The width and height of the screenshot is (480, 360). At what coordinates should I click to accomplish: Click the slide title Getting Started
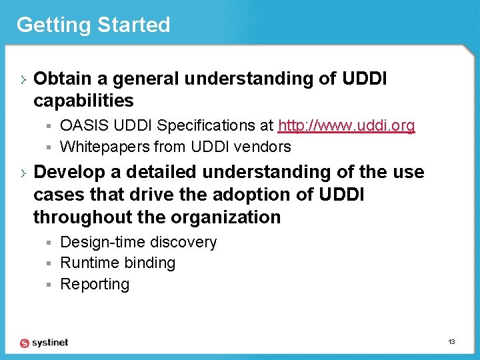(93, 25)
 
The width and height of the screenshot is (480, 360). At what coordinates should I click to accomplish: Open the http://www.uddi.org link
(346, 125)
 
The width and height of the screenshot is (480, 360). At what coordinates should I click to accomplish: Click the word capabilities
(83, 101)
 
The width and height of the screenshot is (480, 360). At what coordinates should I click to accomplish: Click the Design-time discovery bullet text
(138, 242)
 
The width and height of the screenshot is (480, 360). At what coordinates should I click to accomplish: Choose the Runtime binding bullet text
(117, 263)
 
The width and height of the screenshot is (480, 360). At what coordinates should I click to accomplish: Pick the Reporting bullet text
(95, 284)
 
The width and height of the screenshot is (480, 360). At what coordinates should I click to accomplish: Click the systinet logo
(44, 342)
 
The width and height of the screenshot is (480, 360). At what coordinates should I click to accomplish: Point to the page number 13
(451, 342)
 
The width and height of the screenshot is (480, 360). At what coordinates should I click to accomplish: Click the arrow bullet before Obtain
(23, 79)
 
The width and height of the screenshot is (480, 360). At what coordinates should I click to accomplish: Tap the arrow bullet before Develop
(23, 173)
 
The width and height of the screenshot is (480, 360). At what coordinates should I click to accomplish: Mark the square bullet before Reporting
(49, 285)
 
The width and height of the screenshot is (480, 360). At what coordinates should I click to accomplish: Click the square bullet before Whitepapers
(49, 147)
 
